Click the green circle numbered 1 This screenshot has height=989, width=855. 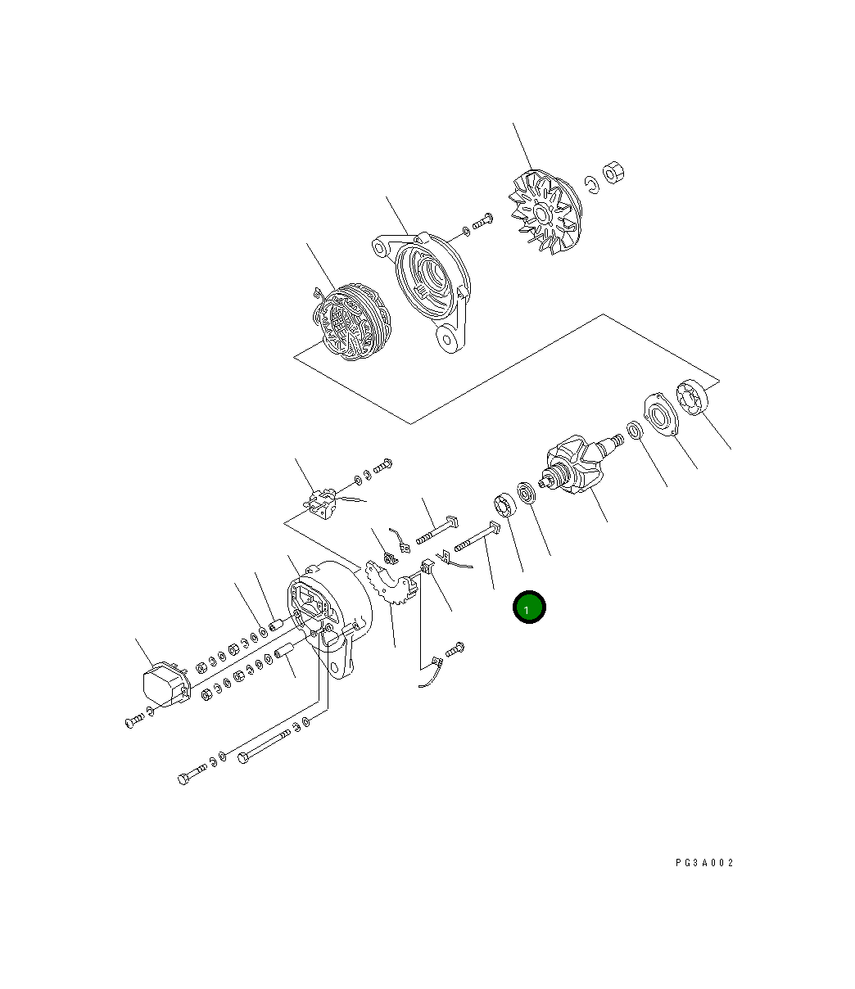coord(528,607)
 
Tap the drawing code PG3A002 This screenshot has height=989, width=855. coord(704,863)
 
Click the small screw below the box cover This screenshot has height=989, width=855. coord(135,720)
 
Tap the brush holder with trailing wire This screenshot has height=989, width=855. coord(321,501)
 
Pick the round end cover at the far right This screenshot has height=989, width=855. coord(693,398)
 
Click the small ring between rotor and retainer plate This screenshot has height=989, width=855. coord(634,429)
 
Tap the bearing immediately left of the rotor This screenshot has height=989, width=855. coord(524,494)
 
